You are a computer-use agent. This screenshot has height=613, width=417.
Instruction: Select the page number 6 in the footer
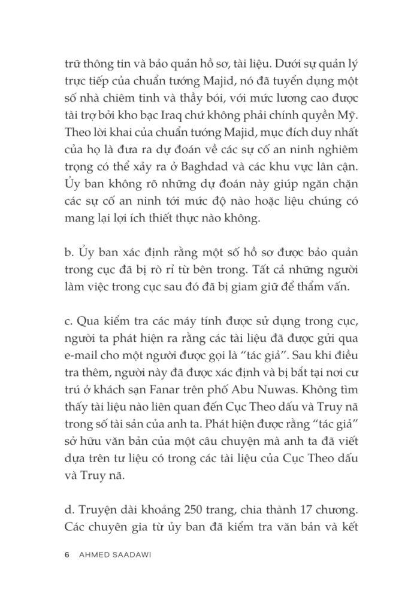[x=65, y=555]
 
